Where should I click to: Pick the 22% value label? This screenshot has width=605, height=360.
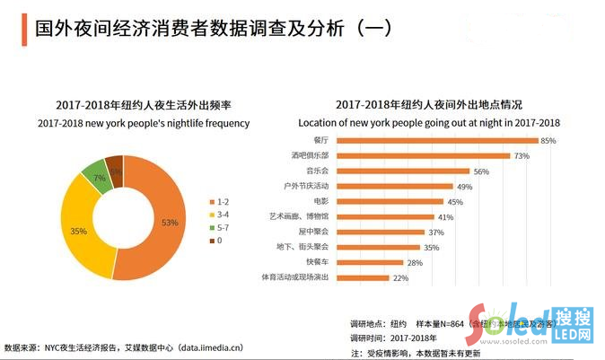click(400, 278)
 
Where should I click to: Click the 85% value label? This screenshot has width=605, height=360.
click(548, 141)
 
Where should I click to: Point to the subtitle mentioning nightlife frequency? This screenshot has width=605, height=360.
click(144, 123)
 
